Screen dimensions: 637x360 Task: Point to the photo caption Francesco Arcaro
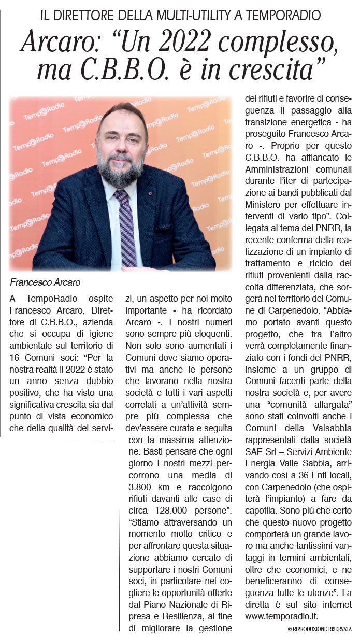click(x=46, y=282)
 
